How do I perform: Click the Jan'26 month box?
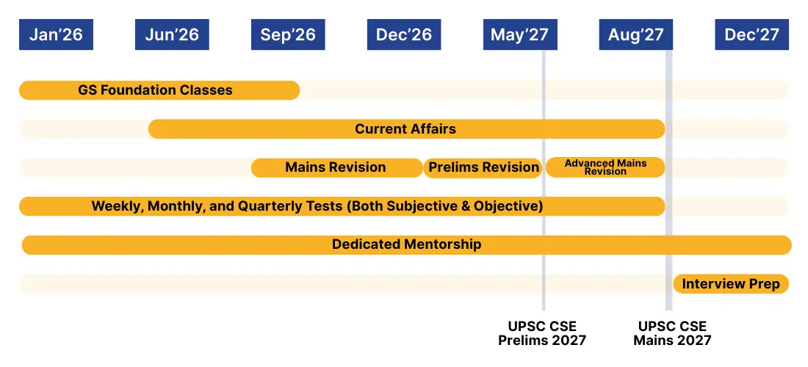(x=56, y=34)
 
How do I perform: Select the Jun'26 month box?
(x=172, y=34)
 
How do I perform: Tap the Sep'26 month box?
(x=288, y=34)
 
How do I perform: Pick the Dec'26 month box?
(x=404, y=34)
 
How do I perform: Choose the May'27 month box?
(x=520, y=34)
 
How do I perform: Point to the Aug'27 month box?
(x=636, y=34)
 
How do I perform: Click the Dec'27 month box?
(x=752, y=34)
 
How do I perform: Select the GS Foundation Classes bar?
(x=159, y=90)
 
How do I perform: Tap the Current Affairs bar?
(x=407, y=128)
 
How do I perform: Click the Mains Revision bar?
(x=337, y=167)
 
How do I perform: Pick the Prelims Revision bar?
(x=483, y=167)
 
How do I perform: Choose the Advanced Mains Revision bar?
(x=605, y=167)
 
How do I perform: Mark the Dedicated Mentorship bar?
(x=407, y=244)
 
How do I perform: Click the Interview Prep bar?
(x=731, y=283)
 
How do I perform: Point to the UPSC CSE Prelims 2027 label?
(x=542, y=333)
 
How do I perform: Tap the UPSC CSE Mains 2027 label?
(x=672, y=333)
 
